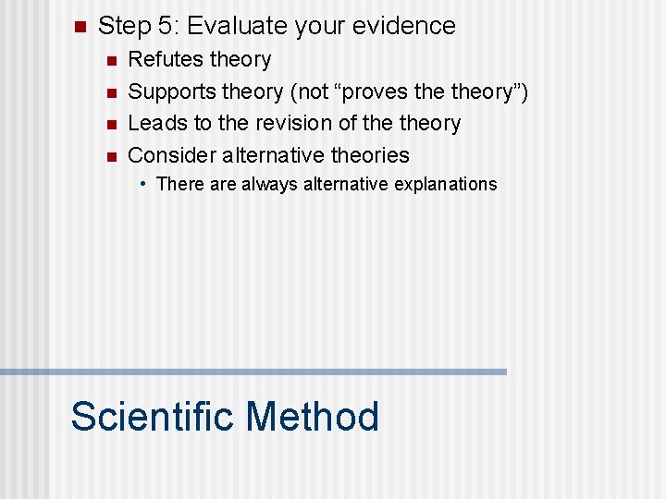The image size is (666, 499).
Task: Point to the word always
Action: click(x=271, y=184)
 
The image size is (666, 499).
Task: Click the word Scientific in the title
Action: click(x=153, y=416)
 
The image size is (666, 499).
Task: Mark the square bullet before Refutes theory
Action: click(x=110, y=61)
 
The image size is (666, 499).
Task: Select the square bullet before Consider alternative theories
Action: click(x=110, y=155)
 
